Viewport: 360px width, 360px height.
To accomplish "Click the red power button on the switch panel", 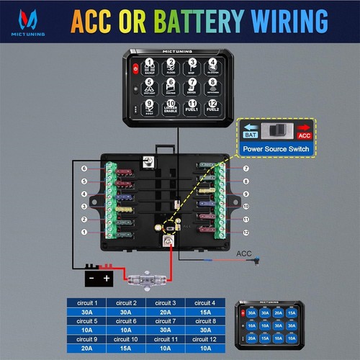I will click(135, 69).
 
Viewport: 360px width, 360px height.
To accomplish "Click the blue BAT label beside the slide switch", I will click(250, 134).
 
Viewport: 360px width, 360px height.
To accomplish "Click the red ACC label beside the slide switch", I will click(304, 134).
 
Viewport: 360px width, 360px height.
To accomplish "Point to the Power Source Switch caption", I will click(276, 150).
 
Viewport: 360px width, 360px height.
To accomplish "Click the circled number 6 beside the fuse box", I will click(84, 168).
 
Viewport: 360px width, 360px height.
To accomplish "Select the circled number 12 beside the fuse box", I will click(246, 232).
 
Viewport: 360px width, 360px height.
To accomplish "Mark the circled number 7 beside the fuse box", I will click(246, 168).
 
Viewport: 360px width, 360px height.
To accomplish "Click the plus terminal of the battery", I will click(106, 277).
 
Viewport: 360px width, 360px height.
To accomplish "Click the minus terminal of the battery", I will click(91, 277).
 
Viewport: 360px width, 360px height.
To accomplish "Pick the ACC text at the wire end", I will click(243, 253).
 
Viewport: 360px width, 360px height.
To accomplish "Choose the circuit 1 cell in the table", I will click(86, 304).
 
